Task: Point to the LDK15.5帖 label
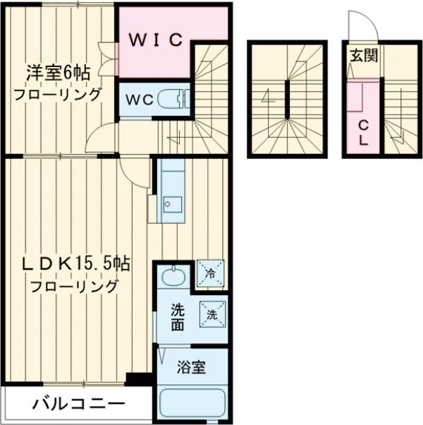tap(75, 265)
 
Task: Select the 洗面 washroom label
tap(178, 316)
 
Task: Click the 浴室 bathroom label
tap(191, 368)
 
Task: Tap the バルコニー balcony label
tap(78, 405)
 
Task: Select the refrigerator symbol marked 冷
tap(210, 270)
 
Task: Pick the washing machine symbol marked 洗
tap(211, 313)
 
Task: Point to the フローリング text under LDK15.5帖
tap(74, 286)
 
